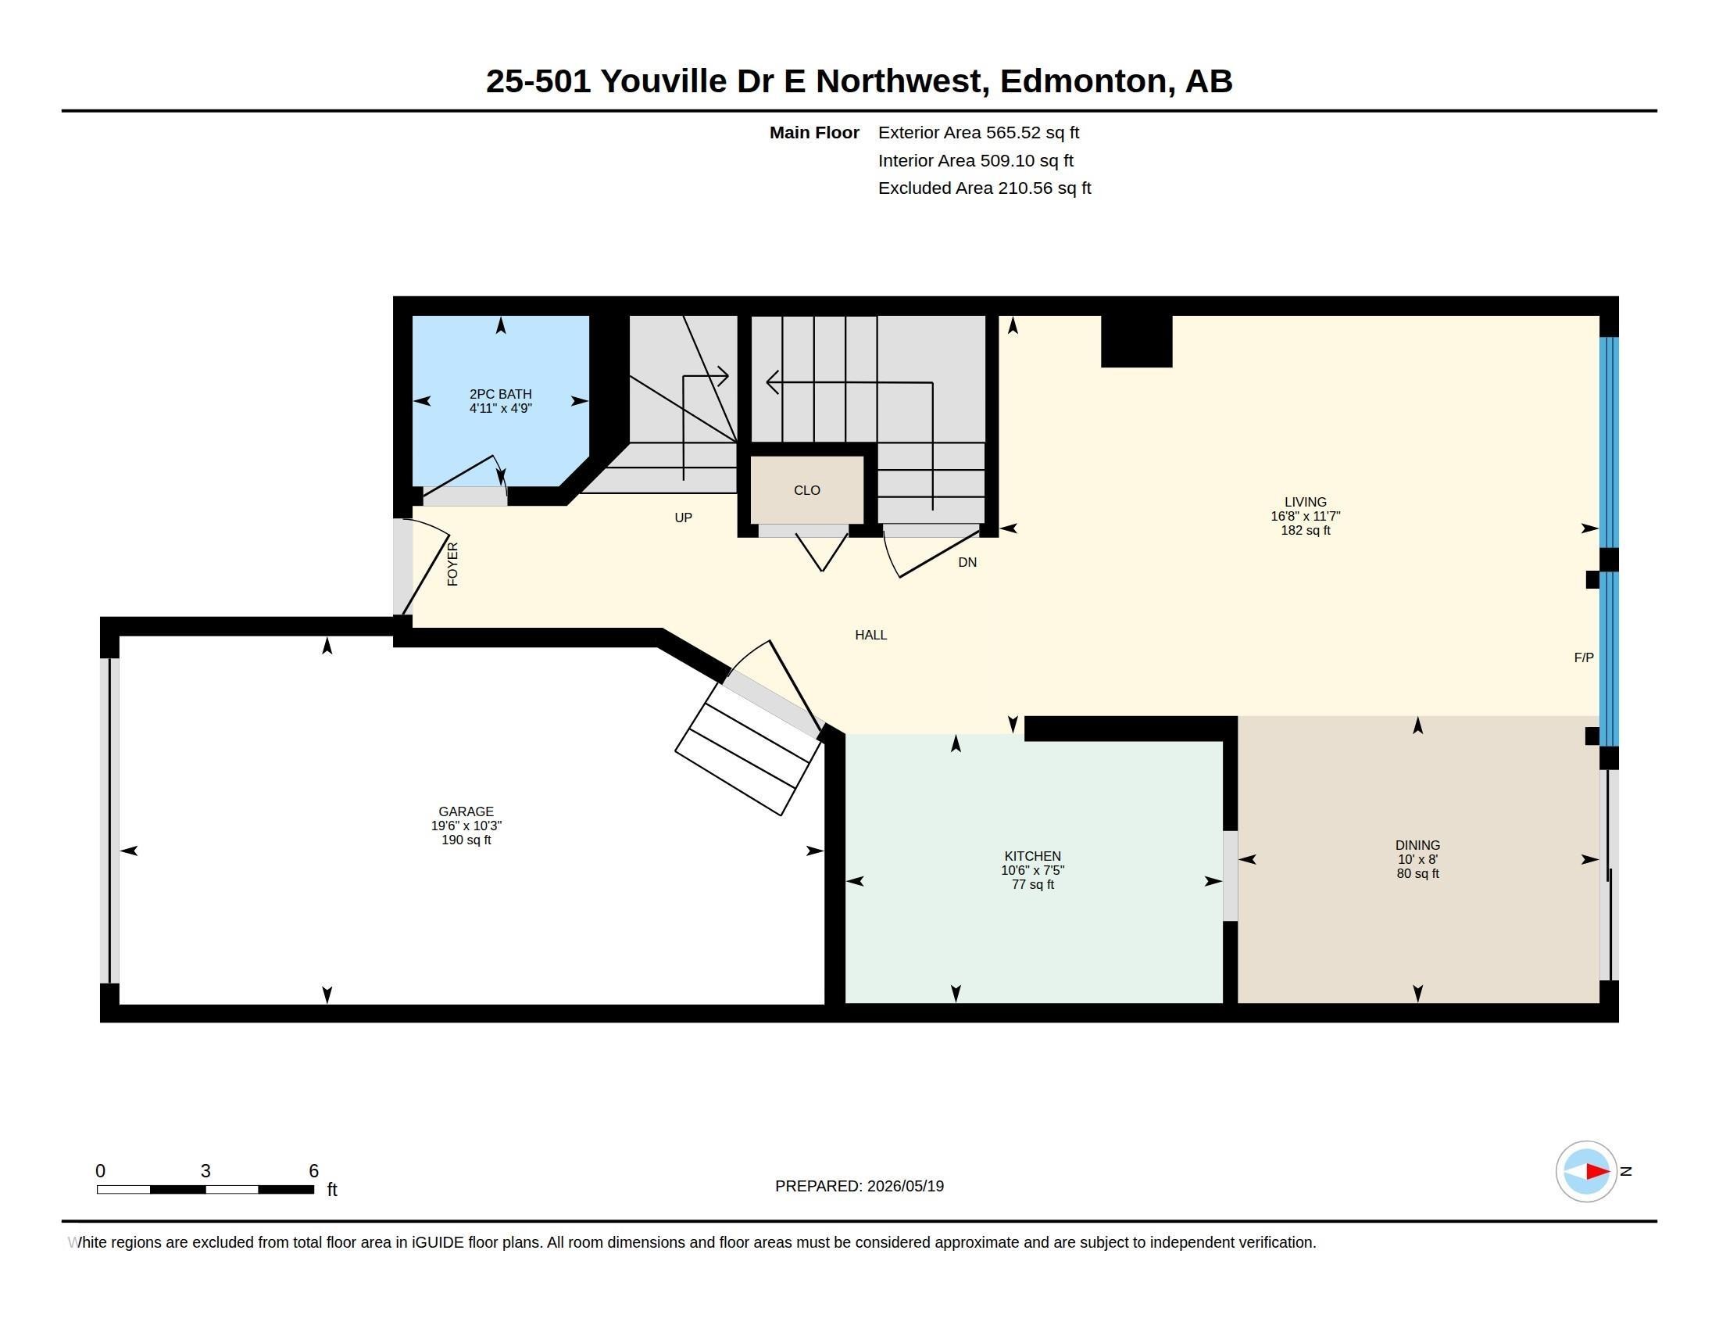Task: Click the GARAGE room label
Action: (x=466, y=811)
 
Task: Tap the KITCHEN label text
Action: (x=1033, y=857)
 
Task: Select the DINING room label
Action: (x=1417, y=846)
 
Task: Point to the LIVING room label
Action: (x=1305, y=503)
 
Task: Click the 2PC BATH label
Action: (x=501, y=395)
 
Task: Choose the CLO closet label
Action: (x=807, y=490)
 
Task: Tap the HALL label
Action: (x=870, y=636)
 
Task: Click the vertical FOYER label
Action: (x=452, y=564)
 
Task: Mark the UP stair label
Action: (x=683, y=518)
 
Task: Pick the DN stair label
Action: (x=967, y=563)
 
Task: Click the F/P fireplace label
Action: (x=1584, y=657)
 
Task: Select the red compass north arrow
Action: (x=1597, y=1172)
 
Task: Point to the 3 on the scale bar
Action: (x=205, y=1171)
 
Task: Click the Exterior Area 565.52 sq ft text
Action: (x=978, y=133)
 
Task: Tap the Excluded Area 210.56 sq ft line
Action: (x=985, y=188)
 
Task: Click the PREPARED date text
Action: (x=859, y=1187)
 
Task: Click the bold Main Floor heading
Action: (x=814, y=133)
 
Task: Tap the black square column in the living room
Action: (x=1137, y=341)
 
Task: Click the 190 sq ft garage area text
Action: (x=466, y=840)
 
